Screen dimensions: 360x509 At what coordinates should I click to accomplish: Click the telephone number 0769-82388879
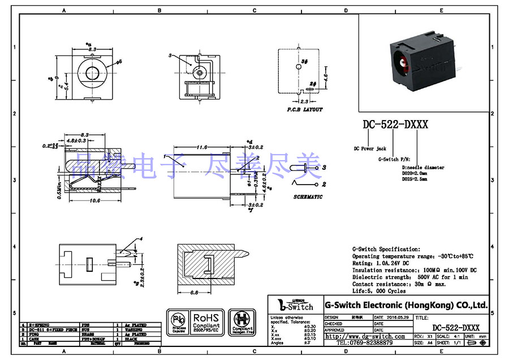point(365,343)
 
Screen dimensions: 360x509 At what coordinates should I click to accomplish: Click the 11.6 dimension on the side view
point(201,148)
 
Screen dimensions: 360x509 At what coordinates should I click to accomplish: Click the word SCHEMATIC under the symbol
point(308,196)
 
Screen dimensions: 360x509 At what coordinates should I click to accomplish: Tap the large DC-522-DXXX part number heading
point(395,125)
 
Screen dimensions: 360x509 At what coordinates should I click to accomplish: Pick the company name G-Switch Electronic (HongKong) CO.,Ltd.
point(406,305)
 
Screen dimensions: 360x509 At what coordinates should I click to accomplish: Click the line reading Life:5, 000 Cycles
point(379,292)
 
